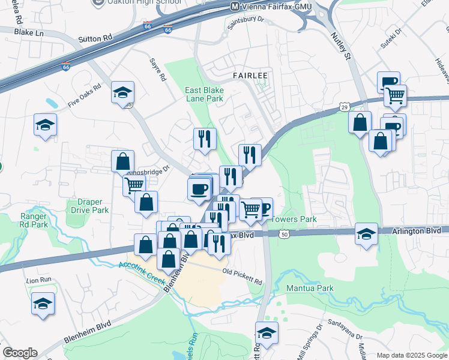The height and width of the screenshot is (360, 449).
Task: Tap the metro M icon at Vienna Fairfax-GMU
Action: tap(236, 7)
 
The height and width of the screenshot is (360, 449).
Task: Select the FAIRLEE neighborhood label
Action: tap(247, 76)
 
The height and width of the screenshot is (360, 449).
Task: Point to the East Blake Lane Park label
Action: tap(203, 94)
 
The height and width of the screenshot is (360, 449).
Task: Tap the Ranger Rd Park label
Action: tap(34, 220)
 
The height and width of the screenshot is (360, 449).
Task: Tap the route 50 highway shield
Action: tap(283, 234)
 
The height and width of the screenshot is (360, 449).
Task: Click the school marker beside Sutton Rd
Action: tap(123, 92)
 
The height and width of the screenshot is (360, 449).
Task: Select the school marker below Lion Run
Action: tap(43, 304)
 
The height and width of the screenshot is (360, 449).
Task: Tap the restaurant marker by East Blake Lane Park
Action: tap(205, 139)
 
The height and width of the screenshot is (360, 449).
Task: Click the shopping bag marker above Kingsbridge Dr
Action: tap(122, 161)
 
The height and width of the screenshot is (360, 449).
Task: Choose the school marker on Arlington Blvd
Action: tap(366, 233)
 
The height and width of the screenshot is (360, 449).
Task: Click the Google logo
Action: tap(20, 353)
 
